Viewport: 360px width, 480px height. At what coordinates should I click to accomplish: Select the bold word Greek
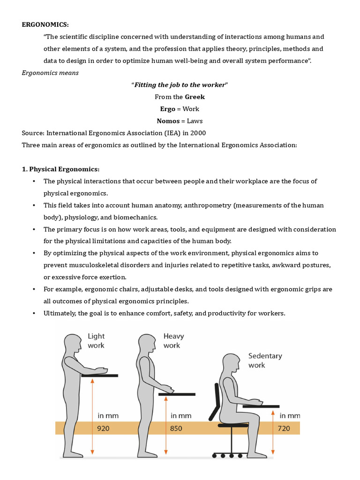tap(195, 97)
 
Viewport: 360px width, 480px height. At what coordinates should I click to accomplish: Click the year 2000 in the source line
tap(196, 133)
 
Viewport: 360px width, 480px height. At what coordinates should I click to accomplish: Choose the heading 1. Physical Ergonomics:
tap(61, 169)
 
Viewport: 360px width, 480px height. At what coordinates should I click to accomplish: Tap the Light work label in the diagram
tap(96, 341)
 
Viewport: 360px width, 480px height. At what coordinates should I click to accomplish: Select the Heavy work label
tap(173, 341)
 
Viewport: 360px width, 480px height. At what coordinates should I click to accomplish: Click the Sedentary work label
tap(265, 360)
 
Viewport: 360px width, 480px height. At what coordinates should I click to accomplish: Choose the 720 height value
tap(284, 428)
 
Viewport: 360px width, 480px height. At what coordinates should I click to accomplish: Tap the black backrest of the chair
tap(217, 401)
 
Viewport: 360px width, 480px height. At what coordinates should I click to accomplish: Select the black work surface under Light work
tap(99, 375)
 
